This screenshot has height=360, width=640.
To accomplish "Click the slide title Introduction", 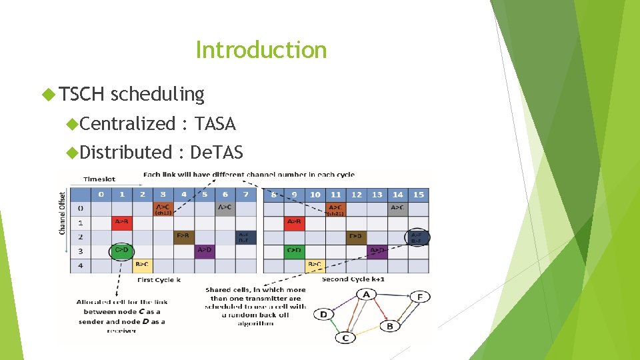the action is click(261, 50).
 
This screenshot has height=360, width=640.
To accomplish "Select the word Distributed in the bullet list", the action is click(126, 152).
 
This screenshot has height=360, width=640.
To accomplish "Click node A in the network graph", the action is click(365, 294).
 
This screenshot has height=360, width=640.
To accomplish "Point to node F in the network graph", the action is click(420, 297).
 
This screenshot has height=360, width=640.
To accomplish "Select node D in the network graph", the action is click(323, 314).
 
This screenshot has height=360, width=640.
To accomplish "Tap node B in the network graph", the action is click(389, 326).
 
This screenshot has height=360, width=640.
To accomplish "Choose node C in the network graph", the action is click(345, 337).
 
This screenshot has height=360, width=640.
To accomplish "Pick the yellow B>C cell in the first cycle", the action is click(142, 265).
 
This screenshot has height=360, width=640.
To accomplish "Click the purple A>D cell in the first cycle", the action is click(205, 251).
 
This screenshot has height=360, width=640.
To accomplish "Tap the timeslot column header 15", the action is click(419, 194).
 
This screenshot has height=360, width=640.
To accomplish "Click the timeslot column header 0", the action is click(101, 194).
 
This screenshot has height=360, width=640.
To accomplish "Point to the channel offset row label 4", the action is click(80, 265).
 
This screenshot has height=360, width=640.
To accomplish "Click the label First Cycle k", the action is click(159, 280).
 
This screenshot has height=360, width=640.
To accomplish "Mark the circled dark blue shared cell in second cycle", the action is click(417, 237).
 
